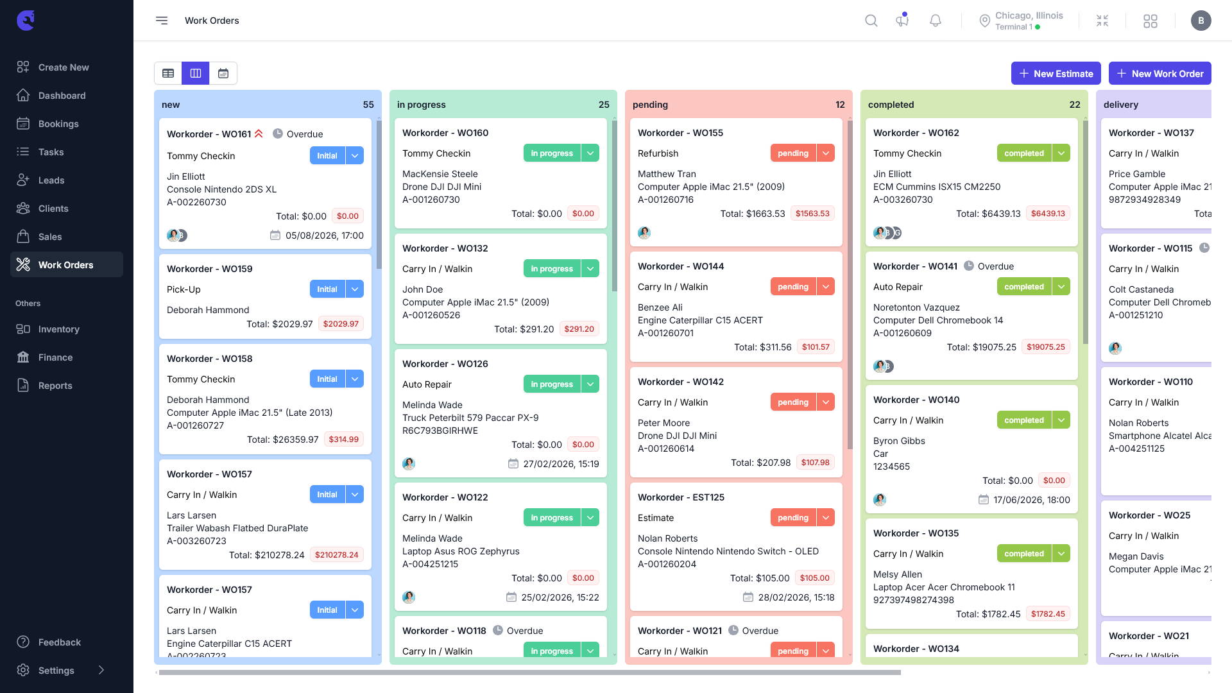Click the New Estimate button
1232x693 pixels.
click(1056, 73)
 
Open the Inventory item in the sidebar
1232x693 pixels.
click(58, 329)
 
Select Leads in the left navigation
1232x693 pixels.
click(51, 180)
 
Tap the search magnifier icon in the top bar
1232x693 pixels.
click(871, 21)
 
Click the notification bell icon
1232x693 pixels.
click(936, 21)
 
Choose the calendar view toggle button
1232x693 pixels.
click(223, 73)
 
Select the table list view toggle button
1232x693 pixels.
click(168, 73)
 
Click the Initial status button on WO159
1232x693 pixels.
click(327, 289)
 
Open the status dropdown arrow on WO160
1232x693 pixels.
click(590, 153)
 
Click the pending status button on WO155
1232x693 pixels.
click(793, 153)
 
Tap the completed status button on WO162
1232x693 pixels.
click(1024, 153)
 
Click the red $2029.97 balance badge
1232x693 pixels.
click(341, 323)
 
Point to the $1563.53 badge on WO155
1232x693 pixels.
click(812, 213)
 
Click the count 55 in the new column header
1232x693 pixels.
click(368, 105)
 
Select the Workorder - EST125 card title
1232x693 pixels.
click(681, 497)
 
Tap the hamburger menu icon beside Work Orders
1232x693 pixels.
click(162, 21)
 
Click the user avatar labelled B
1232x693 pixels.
click(1201, 21)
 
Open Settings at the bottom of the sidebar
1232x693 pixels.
click(56, 671)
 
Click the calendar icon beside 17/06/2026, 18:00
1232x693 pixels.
click(984, 499)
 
